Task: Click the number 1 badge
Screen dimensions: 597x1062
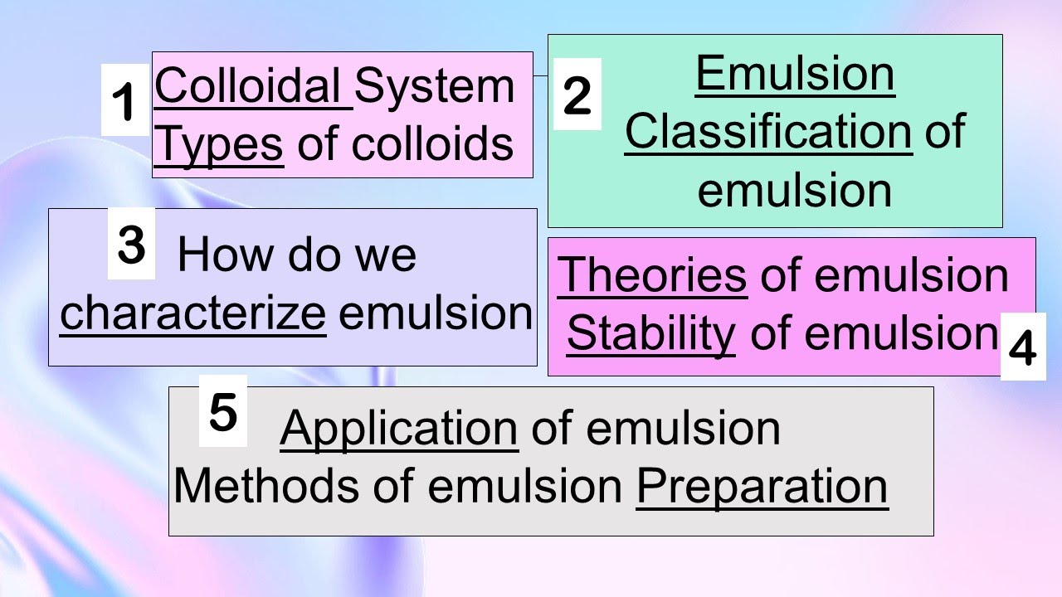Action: [x=125, y=102]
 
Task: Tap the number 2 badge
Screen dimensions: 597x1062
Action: [x=577, y=95]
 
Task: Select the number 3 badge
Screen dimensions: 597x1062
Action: [x=131, y=245]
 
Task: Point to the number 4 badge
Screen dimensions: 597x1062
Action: [x=1022, y=348]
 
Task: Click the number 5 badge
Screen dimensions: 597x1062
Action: [x=222, y=412]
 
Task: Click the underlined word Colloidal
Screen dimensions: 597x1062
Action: [x=253, y=85]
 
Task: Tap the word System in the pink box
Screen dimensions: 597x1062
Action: [x=435, y=85]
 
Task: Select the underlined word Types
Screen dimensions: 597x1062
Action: [x=219, y=144]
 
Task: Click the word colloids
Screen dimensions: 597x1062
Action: [x=432, y=144]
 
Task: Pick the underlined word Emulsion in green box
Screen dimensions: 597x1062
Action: [x=795, y=73]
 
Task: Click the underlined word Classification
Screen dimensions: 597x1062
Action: [x=768, y=131]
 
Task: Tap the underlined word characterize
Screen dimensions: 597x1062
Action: [x=192, y=313]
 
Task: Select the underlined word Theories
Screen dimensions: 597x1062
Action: [x=652, y=275]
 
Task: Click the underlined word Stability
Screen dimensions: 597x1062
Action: [x=651, y=333]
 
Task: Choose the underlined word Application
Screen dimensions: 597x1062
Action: [x=399, y=428]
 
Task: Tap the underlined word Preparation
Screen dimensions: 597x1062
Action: [x=762, y=486]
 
